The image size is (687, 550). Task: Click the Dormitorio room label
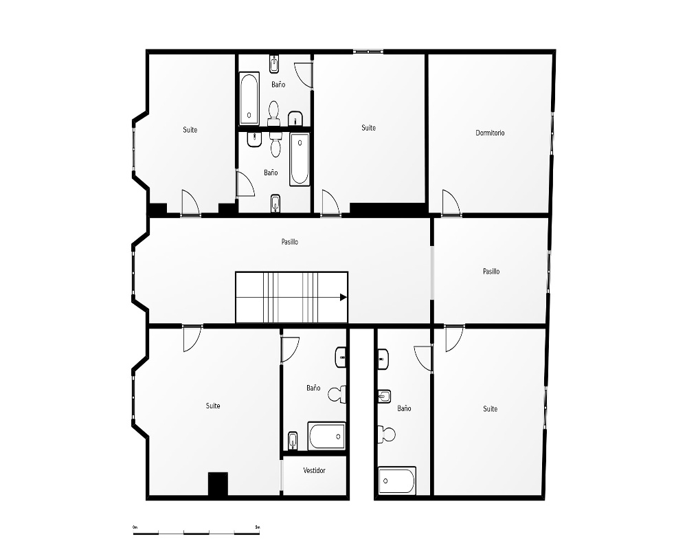(x=490, y=133)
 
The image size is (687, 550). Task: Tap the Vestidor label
(x=314, y=470)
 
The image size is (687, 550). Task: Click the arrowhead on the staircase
(x=343, y=298)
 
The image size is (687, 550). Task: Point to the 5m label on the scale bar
(x=257, y=527)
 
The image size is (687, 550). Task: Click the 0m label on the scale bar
(x=135, y=527)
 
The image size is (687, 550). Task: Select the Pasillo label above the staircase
(x=290, y=242)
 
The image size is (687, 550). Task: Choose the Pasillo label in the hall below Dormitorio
(x=491, y=271)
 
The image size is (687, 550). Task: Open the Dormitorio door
(x=451, y=203)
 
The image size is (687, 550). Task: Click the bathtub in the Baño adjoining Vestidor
(x=327, y=435)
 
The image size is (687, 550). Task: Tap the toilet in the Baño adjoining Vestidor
(x=337, y=394)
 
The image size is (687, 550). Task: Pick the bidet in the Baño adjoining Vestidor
(x=292, y=441)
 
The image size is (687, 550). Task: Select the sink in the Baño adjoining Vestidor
(x=341, y=357)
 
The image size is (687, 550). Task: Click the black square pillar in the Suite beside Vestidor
(x=218, y=484)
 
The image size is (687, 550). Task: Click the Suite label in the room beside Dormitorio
(x=368, y=128)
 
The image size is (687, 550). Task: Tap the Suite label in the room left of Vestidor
(x=213, y=406)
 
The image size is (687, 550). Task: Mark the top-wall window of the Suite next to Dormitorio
(x=368, y=52)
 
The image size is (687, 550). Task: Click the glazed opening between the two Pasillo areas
(x=431, y=272)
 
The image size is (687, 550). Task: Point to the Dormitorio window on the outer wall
(x=552, y=133)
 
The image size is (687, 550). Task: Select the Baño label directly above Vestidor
(x=313, y=388)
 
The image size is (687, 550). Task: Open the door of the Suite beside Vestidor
(x=192, y=339)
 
